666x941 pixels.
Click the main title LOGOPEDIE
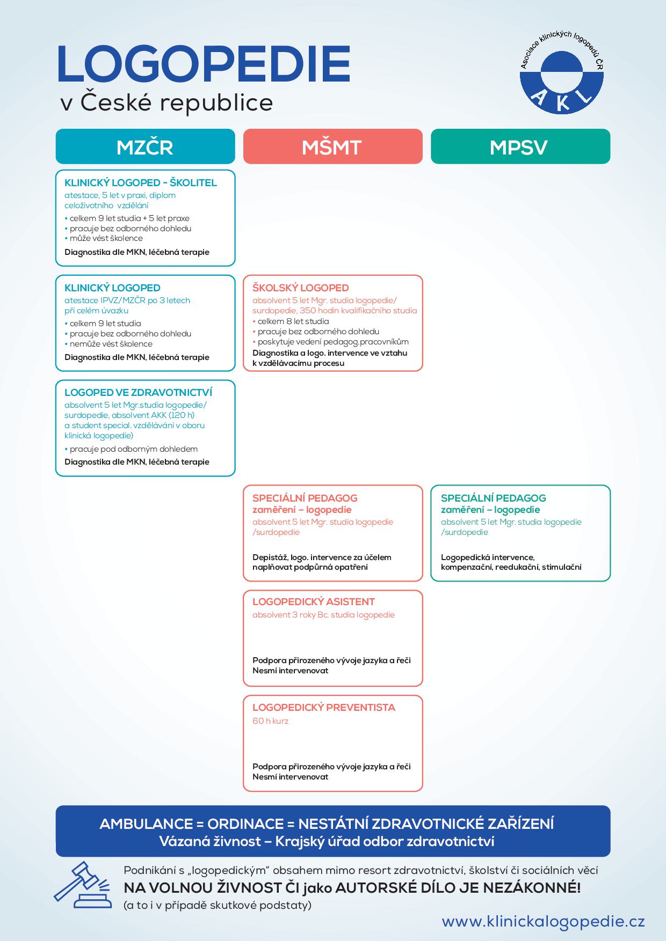(204, 64)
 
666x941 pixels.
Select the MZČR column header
(145, 146)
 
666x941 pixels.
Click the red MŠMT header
(332, 146)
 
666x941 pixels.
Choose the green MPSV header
(520, 146)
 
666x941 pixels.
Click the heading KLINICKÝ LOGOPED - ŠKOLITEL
(141, 182)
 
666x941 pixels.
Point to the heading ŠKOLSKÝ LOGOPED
(301, 288)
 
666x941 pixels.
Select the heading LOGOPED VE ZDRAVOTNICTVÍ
(139, 392)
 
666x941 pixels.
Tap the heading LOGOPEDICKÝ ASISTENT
(314, 601)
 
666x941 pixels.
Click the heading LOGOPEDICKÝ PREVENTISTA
(324, 707)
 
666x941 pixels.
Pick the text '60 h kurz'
(270, 721)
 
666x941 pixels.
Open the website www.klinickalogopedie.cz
(543, 922)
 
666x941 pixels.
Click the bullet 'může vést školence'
(106, 238)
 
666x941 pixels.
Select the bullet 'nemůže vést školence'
(111, 344)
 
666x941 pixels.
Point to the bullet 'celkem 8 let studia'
(293, 321)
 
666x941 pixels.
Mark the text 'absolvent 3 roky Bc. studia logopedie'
(323, 615)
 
